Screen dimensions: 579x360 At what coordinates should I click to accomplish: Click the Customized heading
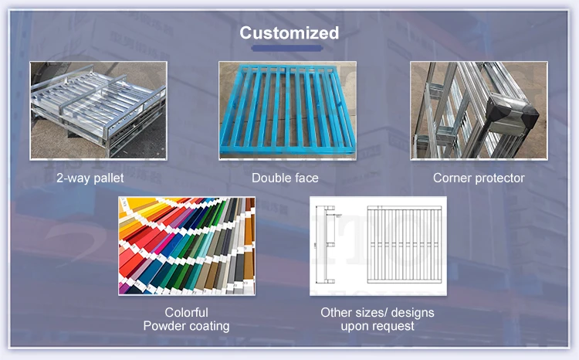click(x=289, y=32)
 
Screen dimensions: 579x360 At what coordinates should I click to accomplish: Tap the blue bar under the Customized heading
click(x=289, y=49)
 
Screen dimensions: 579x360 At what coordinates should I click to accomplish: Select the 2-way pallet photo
click(x=98, y=110)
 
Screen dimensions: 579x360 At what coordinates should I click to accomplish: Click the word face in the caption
click(x=306, y=178)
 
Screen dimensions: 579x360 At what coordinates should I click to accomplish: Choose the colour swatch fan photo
click(x=186, y=246)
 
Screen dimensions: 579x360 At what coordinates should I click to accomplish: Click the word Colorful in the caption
click(x=186, y=313)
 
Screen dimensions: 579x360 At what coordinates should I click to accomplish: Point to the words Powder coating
click(x=186, y=326)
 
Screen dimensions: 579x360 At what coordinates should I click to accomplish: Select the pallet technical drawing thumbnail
click(x=378, y=246)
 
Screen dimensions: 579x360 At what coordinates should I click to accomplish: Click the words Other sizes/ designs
click(x=378, y=313)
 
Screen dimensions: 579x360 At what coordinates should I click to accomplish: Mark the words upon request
click(x=378, y=326)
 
